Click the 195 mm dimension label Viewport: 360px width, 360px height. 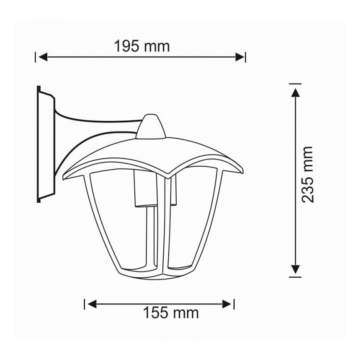(142, 46)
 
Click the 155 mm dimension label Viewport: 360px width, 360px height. (171, 313)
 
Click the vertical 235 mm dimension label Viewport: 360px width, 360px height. (307, 174)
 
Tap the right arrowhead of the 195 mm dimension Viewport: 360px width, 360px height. (240, 57)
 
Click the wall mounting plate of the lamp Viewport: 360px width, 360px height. (44, 145)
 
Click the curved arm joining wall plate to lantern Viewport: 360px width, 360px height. (95, 124)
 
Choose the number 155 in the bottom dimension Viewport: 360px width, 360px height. (157, 313)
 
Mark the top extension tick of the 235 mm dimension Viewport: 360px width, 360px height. (295, 84)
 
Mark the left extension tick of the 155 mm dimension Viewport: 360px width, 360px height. (85, 304)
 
